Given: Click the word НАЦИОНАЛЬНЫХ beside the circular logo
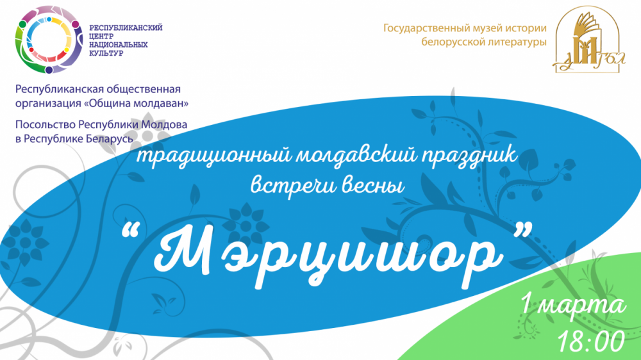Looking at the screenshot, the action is click(x=118, y=45).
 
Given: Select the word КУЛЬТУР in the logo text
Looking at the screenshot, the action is click(x=106, y=53).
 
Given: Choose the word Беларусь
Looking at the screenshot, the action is click(x=110, y=138).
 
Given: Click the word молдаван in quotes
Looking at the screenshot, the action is click(x=160, y=103).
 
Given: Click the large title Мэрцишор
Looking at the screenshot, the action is click(x=328, y=256).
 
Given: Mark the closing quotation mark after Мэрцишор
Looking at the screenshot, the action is click(x=523, y=230).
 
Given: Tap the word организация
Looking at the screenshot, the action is click(x=48, y=104).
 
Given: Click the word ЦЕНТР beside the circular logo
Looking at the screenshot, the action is click(x=101, y=36).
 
